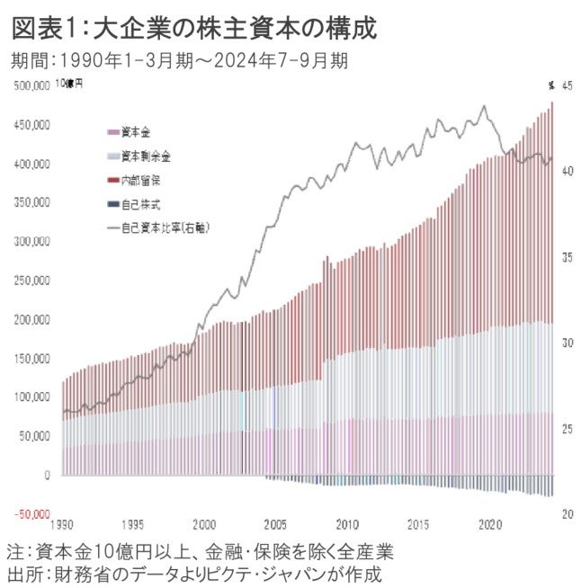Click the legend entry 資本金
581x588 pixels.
136,131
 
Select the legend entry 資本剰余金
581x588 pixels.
145,156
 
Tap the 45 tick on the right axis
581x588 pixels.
567,85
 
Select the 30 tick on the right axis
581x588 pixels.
567,343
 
